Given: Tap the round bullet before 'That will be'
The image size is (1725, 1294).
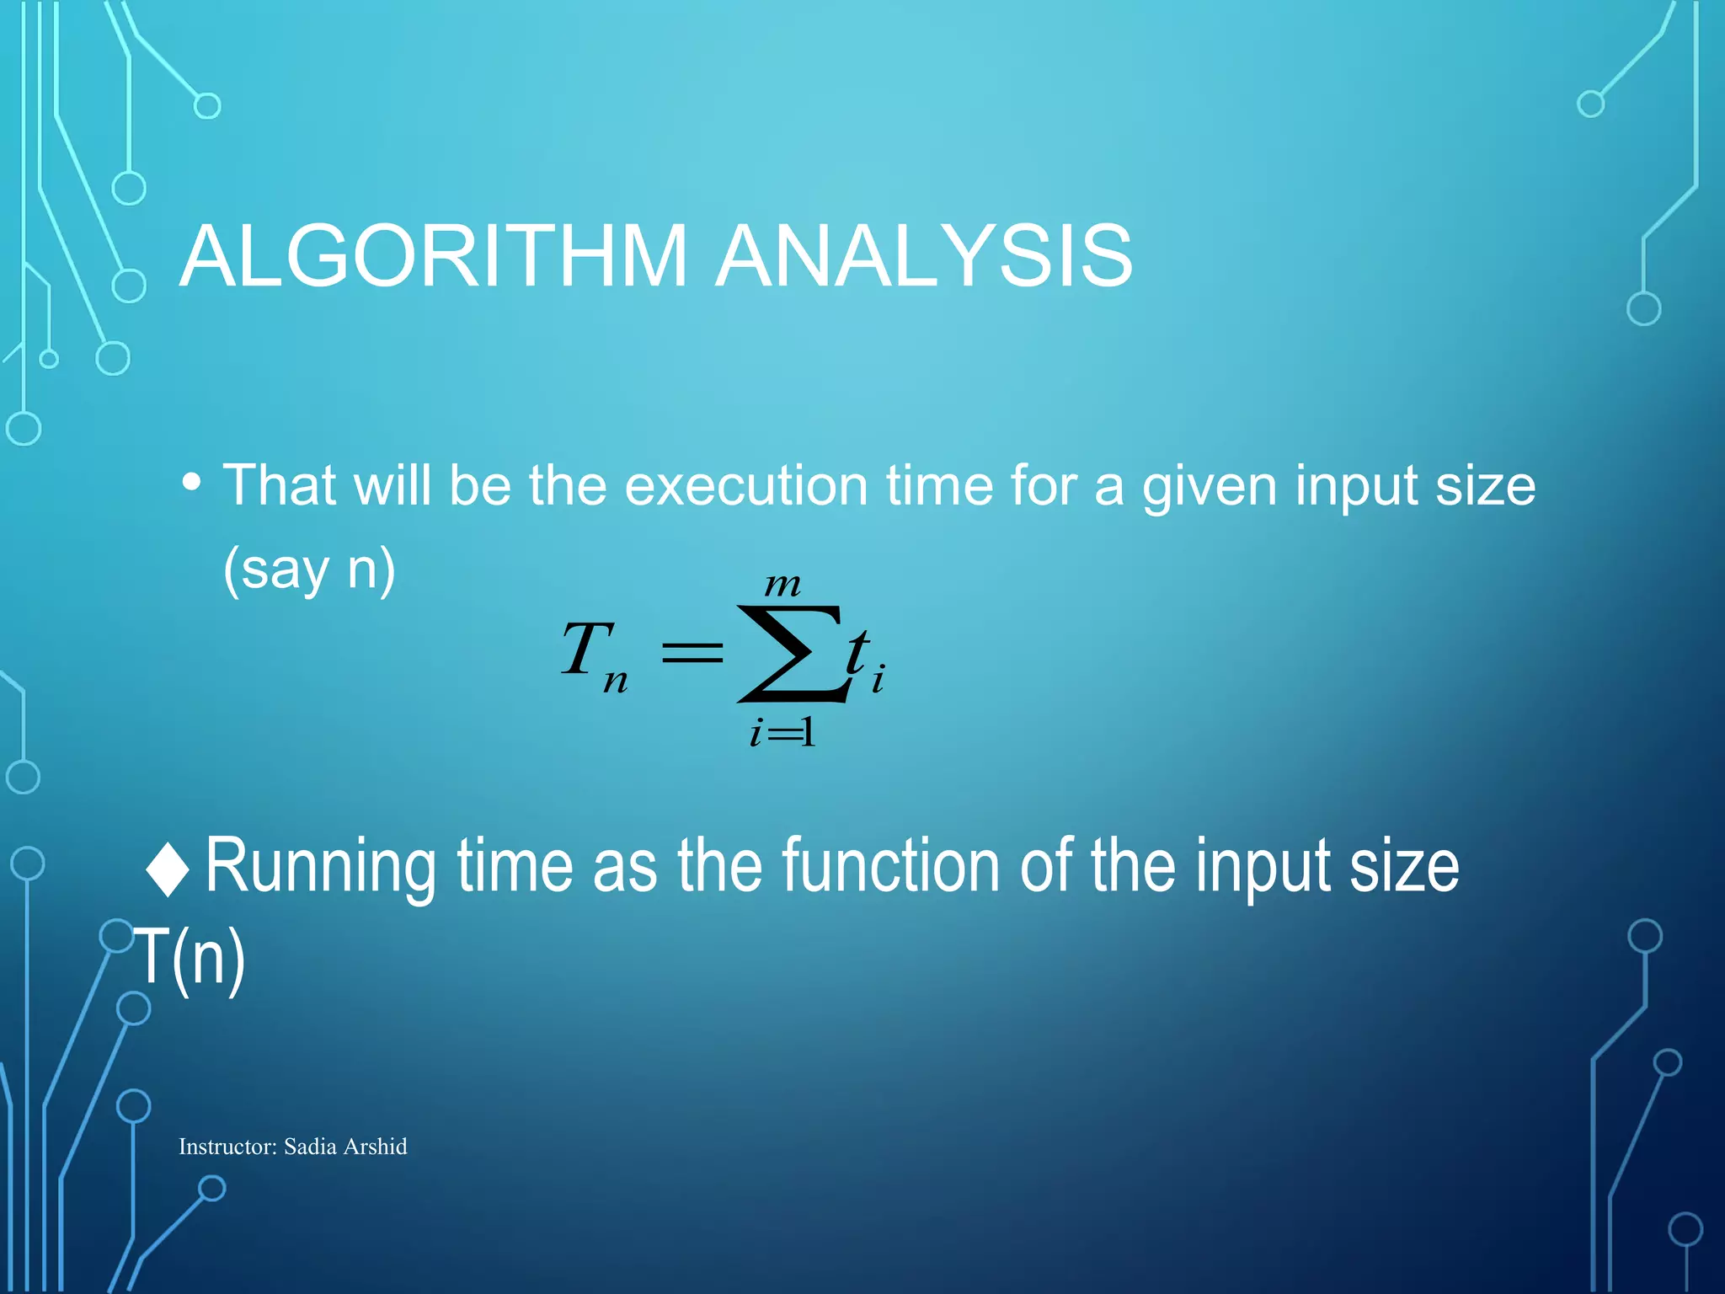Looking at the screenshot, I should click(192, 483).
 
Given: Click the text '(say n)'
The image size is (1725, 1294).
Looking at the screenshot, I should click(309, 570).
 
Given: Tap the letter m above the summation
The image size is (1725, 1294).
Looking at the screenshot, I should click(782, 584).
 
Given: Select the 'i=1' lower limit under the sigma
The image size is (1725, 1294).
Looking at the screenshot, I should click(782, 732).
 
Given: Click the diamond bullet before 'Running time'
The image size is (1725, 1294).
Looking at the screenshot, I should click(168, 869).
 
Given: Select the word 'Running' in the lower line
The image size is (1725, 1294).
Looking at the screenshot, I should click(320, 868).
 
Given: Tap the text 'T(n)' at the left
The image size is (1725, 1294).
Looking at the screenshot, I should click(190, 957).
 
